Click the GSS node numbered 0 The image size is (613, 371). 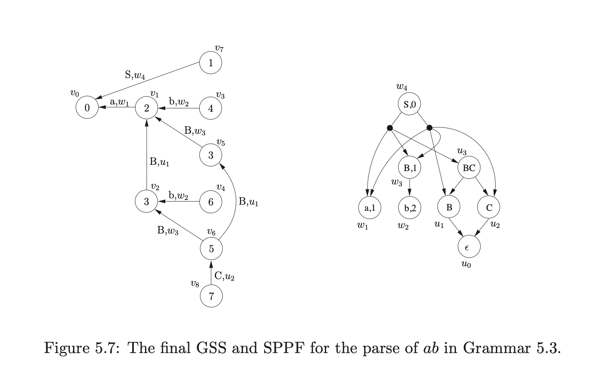coord(87,108)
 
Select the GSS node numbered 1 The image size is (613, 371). coord(210,63)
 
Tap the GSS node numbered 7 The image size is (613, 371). coord(211,297)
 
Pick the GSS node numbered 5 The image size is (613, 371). coord(211,249)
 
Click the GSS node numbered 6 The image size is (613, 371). coord(210,202)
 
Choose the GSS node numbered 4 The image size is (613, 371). coord(210,108)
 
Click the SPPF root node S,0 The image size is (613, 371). coord(409,104)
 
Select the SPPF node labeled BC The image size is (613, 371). coord(469,168)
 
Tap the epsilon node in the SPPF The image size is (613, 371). coord(469,246)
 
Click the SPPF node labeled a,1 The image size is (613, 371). coord(370,208)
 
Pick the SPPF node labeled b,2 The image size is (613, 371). coord(410,208)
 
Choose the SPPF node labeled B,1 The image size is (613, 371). coord(410,168)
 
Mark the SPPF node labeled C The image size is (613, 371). coord(489,208)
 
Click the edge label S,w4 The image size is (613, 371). coord(135,75)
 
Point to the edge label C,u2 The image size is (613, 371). coord(224,277)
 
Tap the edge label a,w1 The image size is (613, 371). coord(119,102)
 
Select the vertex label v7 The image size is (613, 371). coord(219,49)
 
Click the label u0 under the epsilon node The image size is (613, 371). coord(466,265)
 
